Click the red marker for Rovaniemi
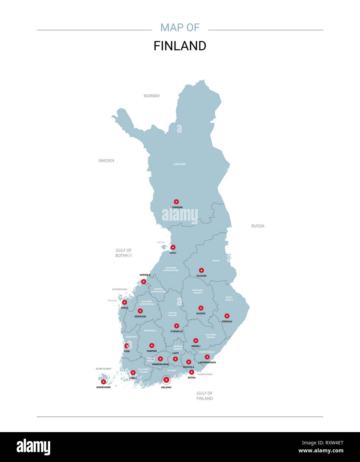click(176, 202)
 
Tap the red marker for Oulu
click(173, 247)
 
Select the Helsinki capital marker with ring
click(166, 380)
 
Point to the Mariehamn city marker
click(103, 382)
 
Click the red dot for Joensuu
click(227, 316)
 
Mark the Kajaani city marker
click(201, 271)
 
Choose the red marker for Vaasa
click(124, 302)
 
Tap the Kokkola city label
click(145, 275)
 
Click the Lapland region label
click(180, 164)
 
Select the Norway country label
click(152, 96)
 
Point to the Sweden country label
click(106, 161)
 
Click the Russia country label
click(258, 226)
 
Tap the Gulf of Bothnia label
click(124, 253)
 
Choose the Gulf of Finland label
click(204, 396)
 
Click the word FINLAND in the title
click(180, 46)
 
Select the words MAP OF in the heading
click(180, 28)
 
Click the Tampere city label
click(152, 351)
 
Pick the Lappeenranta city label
click(207, 362)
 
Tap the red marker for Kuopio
click(201, 308)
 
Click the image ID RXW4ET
click(322, 443)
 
